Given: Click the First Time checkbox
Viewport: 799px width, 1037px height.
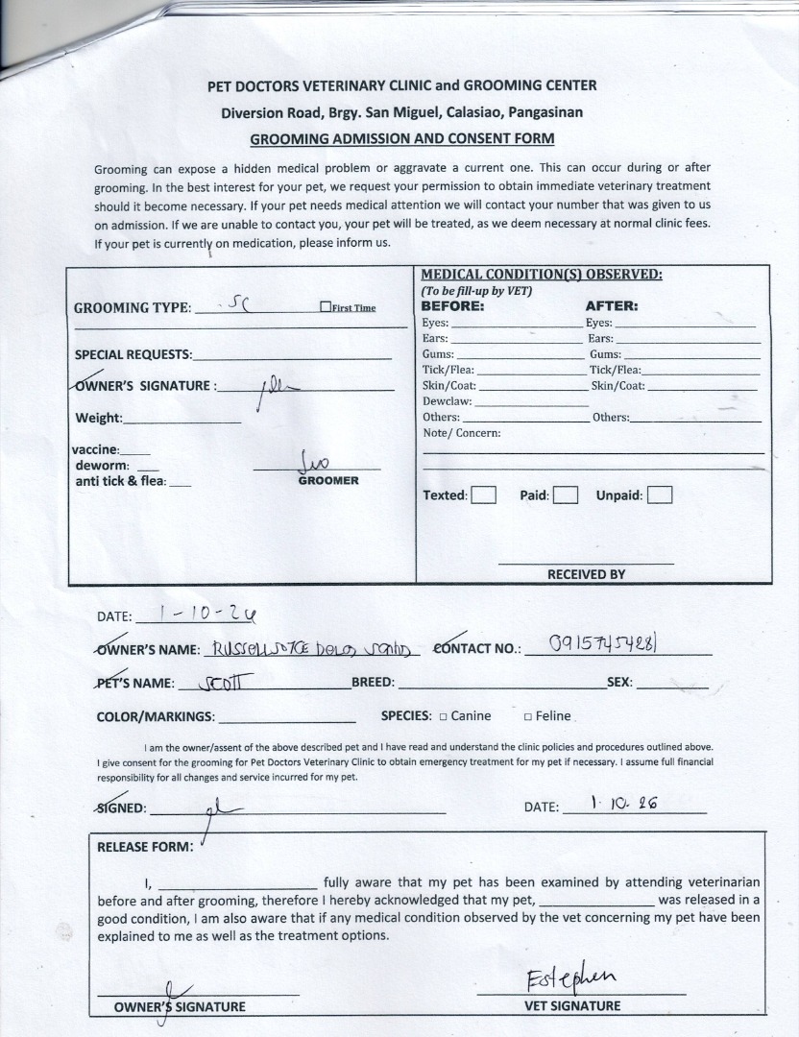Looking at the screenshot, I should (326, 307).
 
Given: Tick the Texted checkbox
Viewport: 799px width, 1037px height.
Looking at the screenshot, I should (484, 495).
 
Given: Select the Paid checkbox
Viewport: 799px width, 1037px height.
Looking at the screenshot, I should (567, 495).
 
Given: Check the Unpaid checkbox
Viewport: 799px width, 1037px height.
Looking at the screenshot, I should (660, 495).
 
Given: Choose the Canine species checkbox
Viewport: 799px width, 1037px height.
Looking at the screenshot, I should (444, 716).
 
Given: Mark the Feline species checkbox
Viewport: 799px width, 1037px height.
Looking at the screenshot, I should (528, 716).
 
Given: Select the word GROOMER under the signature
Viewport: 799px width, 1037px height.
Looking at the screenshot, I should (328, 480).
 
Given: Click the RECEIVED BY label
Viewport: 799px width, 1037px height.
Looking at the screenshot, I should (586, 574).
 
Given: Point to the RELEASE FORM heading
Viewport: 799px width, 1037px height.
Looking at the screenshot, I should (145, 848).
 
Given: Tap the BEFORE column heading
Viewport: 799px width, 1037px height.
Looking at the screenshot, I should (453, 306).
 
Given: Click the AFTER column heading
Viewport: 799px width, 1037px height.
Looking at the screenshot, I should (612, 306).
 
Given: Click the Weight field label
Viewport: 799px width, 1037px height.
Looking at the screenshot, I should (99, 418).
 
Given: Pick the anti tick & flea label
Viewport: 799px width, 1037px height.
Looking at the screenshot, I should (120, 481).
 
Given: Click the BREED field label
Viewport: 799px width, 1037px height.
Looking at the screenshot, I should (373, 683).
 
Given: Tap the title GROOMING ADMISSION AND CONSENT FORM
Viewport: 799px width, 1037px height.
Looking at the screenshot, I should (402, 139).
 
